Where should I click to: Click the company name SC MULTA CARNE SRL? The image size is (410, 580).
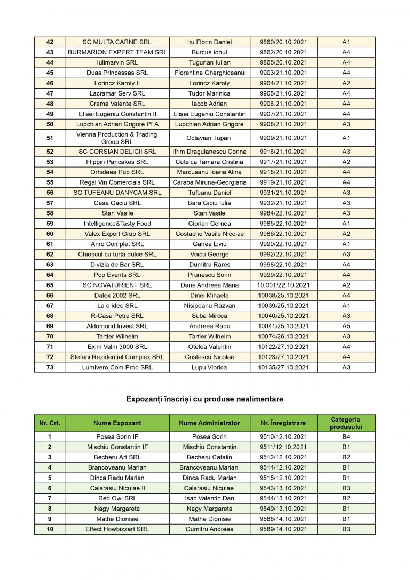pos(117,42)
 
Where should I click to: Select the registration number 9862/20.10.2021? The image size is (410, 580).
pos(283,52)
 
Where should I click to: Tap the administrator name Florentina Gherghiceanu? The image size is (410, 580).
pos(209,73)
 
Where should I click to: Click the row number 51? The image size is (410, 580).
pos(50,138)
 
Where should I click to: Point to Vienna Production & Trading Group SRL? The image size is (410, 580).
pos(117,138)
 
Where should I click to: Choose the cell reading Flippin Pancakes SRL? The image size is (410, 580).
pos(117,162)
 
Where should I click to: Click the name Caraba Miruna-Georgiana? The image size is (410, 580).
pos(209,182)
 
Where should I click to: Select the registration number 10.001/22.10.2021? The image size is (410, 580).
pos(283,285)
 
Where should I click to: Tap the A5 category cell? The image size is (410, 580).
pos(346,326)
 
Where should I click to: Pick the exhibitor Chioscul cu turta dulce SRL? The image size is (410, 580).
pos(117,255)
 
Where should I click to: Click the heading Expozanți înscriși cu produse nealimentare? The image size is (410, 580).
pos(205,399)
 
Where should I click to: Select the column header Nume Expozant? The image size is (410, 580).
pos(117,423)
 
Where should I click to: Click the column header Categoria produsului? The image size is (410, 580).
pos(346,423)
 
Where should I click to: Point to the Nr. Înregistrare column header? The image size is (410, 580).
pos(283,423)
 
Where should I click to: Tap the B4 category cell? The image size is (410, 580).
pos(346,437)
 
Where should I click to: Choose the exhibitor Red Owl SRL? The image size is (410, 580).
pos(117,498)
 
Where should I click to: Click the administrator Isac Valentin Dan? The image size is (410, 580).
pos(209,498)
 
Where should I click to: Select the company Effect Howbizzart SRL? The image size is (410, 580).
pos(117,529)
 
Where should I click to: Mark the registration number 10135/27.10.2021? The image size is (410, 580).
pos(283,367)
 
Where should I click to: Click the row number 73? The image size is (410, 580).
pos(50,367)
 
